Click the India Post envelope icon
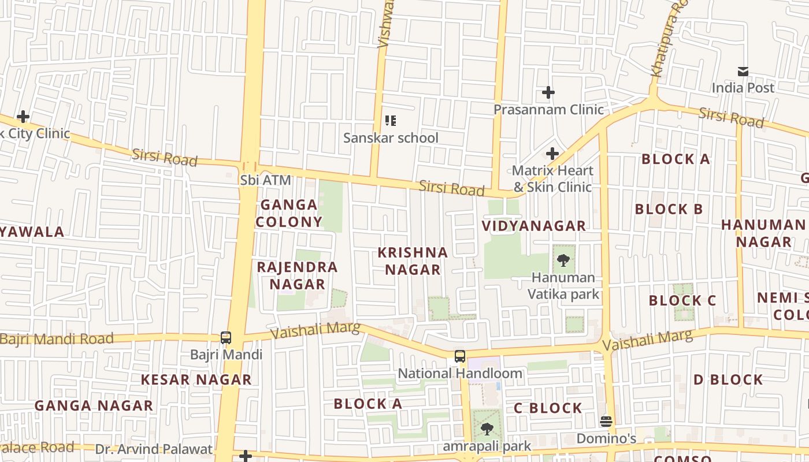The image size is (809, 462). tap(743, 72)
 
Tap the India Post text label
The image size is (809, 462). tap(743, 88)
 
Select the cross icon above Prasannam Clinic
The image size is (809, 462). tap(548, 92)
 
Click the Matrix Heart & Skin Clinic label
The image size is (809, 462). tap(552, 178)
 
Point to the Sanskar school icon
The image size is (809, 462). tap(391, 121)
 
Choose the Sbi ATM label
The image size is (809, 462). tap(266, 180)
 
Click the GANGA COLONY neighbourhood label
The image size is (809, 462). tap(289, 213)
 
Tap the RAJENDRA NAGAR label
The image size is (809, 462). tap(297, 275)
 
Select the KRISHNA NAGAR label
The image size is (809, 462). tap(413, 261)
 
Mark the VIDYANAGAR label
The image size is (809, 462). tap(534, 226)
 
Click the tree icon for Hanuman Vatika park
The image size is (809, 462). tap(563, 260)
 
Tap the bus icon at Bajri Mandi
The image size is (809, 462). tap(226, 338)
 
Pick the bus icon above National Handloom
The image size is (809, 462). tap(460, 356)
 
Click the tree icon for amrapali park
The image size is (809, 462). tap(487, 429)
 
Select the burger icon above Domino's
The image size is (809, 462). tap(606, 422)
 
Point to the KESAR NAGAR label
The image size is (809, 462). tap(196, 379)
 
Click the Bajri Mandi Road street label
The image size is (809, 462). tap(57, 339)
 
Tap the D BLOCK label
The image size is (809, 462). tap(728, 379)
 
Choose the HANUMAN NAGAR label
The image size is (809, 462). tap(763, 233)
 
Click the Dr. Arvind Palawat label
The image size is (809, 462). tap(154, 449)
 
